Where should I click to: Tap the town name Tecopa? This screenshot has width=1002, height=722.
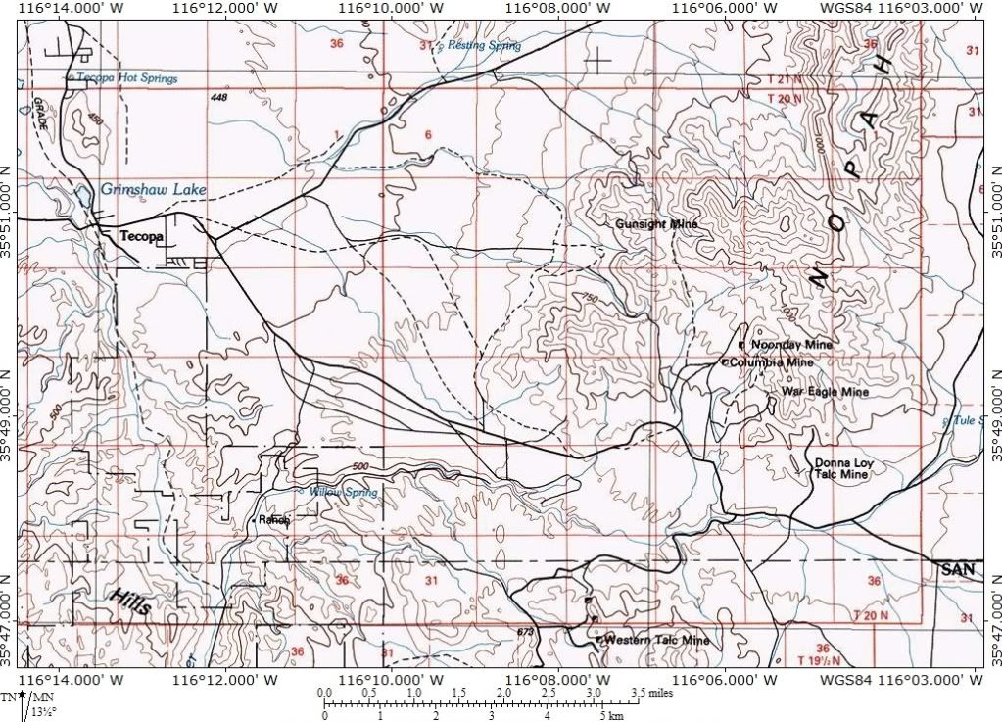[141, 237]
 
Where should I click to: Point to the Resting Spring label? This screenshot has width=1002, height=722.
[485, 46]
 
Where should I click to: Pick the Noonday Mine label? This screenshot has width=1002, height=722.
[790, 345]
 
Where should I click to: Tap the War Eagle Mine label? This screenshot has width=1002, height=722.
[825, 392]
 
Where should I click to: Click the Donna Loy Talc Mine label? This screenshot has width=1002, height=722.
[842, 468]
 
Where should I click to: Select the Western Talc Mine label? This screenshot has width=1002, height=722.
[656, 640]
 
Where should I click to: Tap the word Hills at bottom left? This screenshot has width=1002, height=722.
[129, 602]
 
